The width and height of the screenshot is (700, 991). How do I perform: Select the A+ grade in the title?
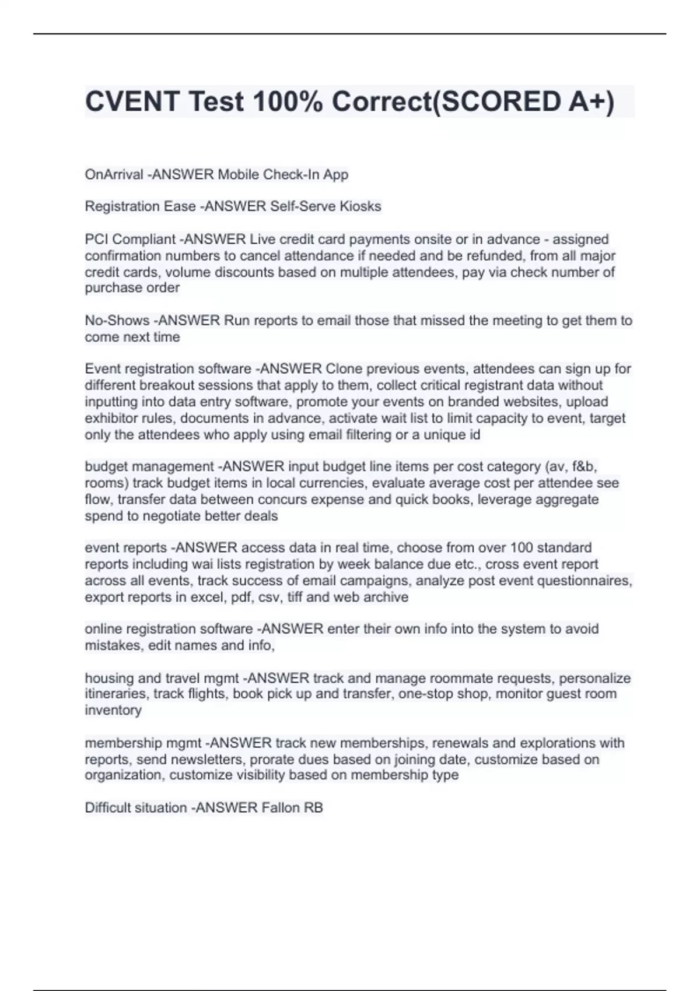(590, 102)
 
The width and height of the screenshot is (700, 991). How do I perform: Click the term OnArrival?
(114, 174)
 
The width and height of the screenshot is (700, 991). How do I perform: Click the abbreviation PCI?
(97, 239)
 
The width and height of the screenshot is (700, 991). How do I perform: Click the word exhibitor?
(111, 419)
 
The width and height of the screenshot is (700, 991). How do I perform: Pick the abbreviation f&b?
(583, 467)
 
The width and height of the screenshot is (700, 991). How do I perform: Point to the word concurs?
(332, 500)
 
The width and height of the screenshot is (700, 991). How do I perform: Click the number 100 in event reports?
(521, 548)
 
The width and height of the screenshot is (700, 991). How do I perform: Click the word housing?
(109, 679)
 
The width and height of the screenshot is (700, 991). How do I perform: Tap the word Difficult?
(108, 808)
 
